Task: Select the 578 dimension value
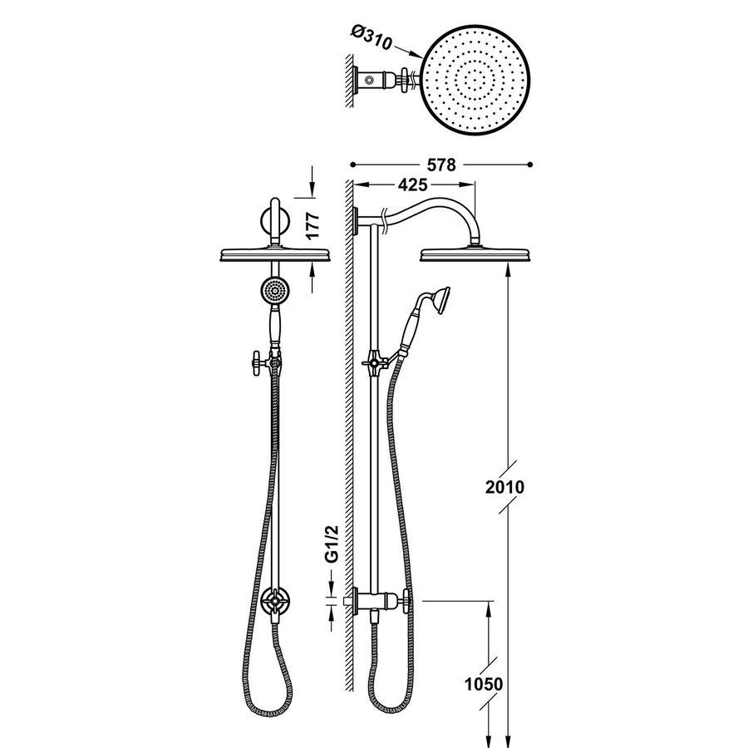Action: click(441, 165)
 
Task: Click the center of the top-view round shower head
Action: click(477, 80)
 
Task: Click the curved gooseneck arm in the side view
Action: click(432, 208)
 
